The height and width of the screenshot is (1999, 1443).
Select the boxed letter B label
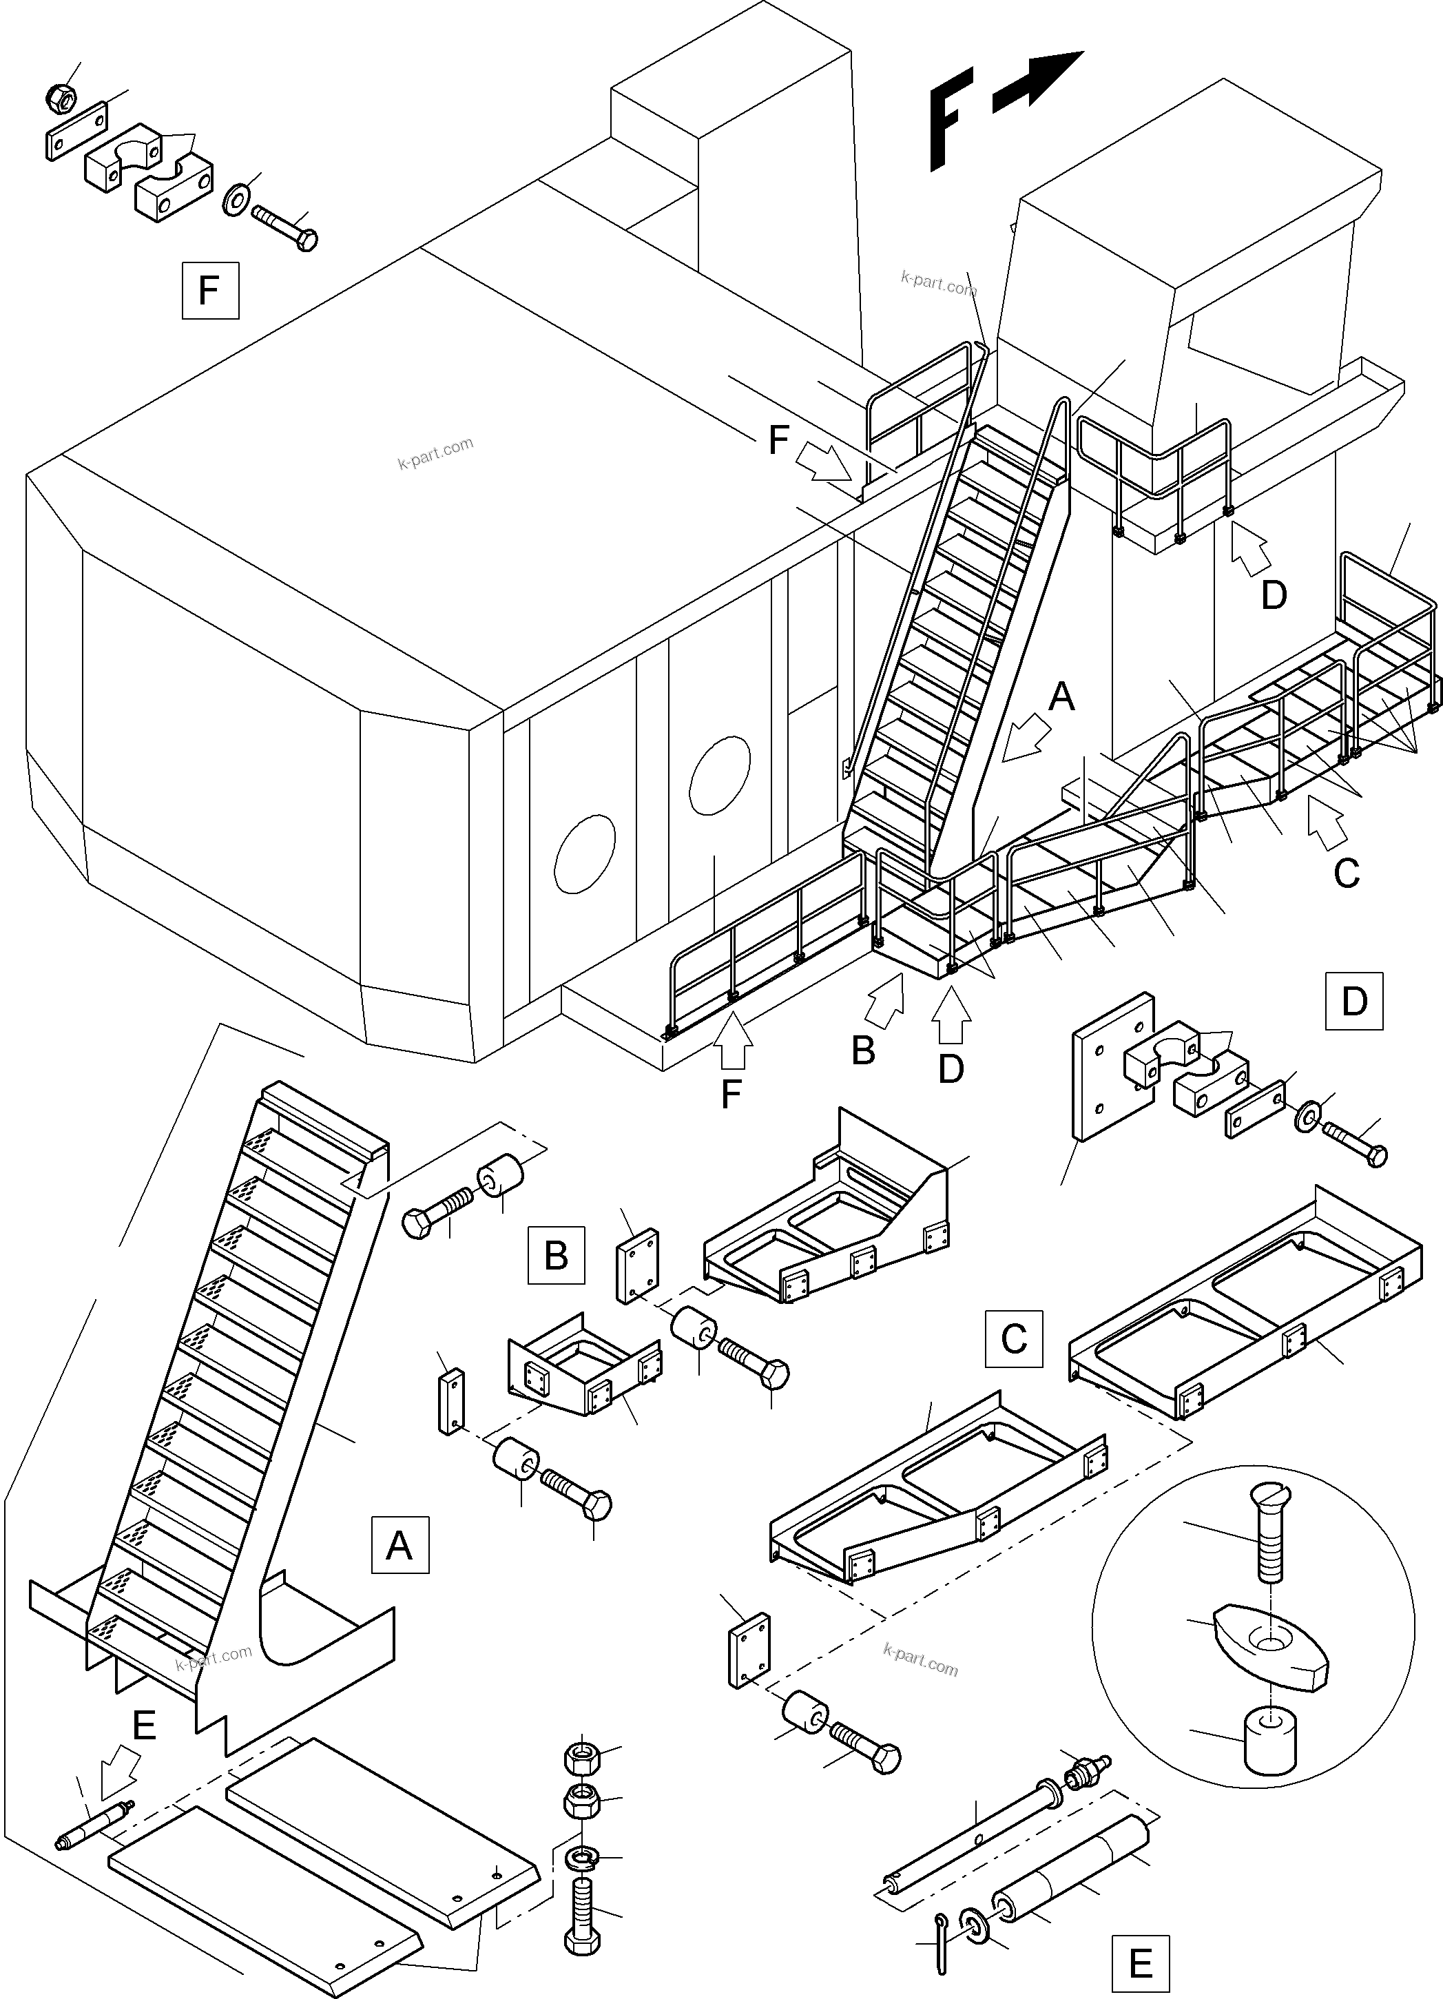tap(555, 1254)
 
